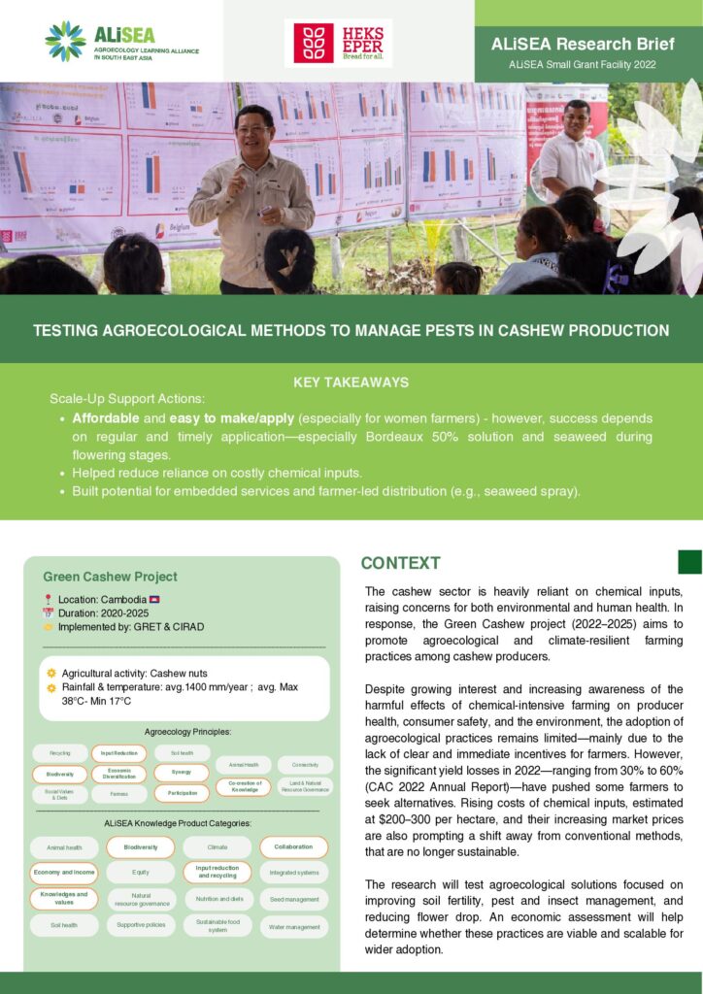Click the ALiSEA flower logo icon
click(x=66, y=41)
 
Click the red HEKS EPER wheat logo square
click(x=314, y=43)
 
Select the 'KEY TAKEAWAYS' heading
click(x=351, y=382)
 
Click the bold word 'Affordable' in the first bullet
click(x=106, y=417)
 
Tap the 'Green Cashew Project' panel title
click(x=110, y=576)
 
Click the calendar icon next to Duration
click(x=48, y=613)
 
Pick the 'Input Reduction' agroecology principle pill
click(x=118, y=753)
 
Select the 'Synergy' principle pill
click(x=181, y=773)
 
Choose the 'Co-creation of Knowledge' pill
click(x=243, y=786)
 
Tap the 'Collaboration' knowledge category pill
click(x=293, y=846)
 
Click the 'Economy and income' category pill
click(x=63, y=872)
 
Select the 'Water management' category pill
click(x=293, y=927)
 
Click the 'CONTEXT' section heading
click(x=400, y=563)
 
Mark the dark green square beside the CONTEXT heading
click(x=688, y=562)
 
